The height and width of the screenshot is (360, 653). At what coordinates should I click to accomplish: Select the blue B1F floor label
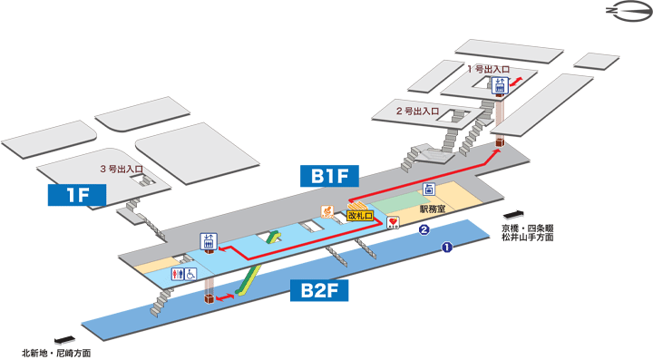pyautogui.click(x=326, y=175)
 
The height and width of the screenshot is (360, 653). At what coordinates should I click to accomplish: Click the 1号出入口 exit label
pyautogui.click(x=488, y=69)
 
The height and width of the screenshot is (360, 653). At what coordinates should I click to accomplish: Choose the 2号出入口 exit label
pyautogui.click(x=417, y=112)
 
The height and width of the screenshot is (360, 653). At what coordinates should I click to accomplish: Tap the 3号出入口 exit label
pyautogui.click(x=122, y=170)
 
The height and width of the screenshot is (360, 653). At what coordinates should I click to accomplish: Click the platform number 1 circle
pyautogui.click(x=447, y=247)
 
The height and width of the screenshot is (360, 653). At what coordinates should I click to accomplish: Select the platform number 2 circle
pyautogui.click(x=423, y=230)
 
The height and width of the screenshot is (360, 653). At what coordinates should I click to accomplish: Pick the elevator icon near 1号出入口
pyautogui.click(x=499, y=86)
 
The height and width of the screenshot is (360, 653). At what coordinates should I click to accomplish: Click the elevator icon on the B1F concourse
pyautogui.click(x=208, y=241)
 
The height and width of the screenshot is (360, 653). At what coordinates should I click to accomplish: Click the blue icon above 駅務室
pyautogui.click(x=430, y=189)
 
